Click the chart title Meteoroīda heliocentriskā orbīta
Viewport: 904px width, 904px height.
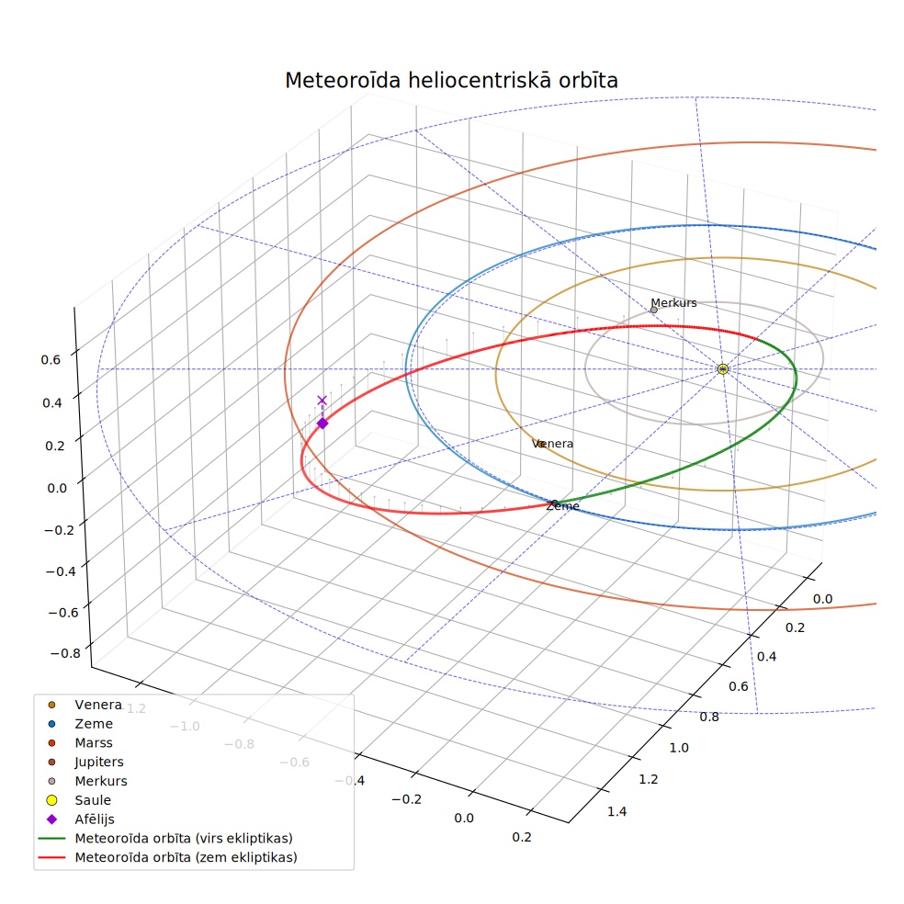click(x=451, y=80)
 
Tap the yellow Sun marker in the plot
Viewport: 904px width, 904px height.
click(x=723, y=369)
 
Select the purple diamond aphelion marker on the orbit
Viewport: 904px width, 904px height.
click(x=322, y=424)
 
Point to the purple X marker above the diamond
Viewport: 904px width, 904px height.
click(x=322, y=401)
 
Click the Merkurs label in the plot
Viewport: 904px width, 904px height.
click(x=673, y=302)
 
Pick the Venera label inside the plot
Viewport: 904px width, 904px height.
click(x=552, y=444)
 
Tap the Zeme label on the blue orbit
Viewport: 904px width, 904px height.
click(x=562, y=506)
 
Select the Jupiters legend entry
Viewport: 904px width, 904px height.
click(x=86, y=762)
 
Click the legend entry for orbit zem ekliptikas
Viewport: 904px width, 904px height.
click(x=168, y=857)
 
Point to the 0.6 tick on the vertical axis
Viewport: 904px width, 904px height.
click(x=51, y=360)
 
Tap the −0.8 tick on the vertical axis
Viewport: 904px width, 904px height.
click(x=65, y=653)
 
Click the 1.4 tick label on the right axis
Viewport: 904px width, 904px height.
click(x=616, y=812)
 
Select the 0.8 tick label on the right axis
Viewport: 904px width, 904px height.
click(x=709, y=717)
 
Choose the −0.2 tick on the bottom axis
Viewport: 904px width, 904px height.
click(x=406, y=799)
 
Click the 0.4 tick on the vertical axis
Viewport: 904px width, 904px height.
click(x=51, y=402)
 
